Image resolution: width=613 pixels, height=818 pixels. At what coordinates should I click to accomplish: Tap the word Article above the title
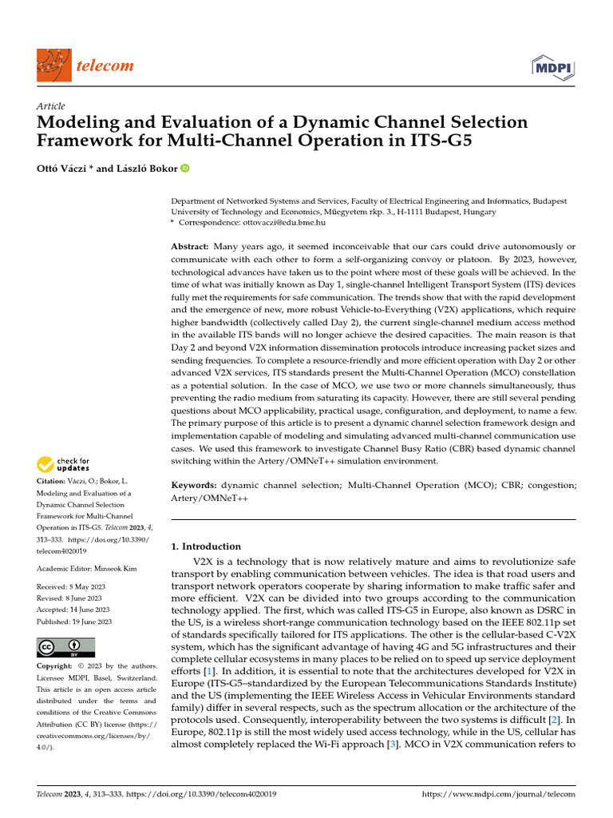(x=51, y=106)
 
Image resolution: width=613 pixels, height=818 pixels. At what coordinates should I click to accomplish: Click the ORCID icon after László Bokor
(x=185, y=169)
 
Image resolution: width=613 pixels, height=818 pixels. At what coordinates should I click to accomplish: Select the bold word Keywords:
(x=195, y=485)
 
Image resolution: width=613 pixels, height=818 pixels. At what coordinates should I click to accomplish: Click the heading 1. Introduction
(x=207, y=546)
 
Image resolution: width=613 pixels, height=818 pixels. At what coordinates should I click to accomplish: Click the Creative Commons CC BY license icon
(x=65, y=647)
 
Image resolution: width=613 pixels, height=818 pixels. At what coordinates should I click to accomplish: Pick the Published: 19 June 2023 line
(x=74, y=621)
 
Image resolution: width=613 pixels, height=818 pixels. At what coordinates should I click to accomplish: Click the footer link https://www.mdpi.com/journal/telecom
(x=497, y=795)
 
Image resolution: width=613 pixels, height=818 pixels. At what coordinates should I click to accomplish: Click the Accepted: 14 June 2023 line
(x=75, y=610)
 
